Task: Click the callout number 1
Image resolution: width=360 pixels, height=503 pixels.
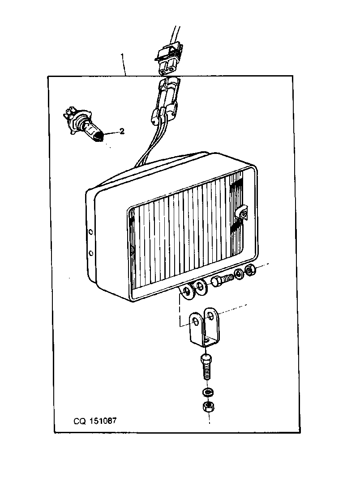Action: (x=122, y=57)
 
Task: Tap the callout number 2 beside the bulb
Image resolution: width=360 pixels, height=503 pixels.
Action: (x=122, y=131)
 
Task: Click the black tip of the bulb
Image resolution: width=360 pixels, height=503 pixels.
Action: (x=100, y=138)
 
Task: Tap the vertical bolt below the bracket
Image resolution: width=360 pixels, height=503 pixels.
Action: (x=206, y=366)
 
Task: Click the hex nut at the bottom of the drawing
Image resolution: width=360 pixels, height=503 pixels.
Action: (x=208, y=406)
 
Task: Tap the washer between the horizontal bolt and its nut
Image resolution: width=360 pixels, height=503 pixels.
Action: (x=239, y=274)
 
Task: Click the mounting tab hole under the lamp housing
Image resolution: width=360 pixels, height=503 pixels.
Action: (x=186, y=292)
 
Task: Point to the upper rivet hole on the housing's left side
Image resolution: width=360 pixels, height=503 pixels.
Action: (x=91, y=232)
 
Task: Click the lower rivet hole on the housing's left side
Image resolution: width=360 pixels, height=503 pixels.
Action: (x=91, y=253)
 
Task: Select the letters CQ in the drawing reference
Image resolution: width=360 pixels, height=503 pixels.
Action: (x=80, y=421)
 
